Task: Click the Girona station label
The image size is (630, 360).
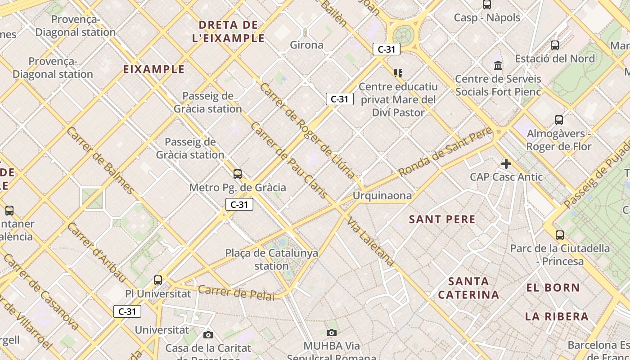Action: coord(306,45)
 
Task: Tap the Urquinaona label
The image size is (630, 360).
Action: coord(382,196)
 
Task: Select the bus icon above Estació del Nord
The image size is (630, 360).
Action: coord(555,45)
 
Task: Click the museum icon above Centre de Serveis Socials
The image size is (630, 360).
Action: coord(498,66)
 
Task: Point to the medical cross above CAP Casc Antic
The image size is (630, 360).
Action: coord(506,164)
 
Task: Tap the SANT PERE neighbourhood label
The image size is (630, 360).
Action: coord(442,220)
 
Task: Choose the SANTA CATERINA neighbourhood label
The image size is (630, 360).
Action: coord(468,288)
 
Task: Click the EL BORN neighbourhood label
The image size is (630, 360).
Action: coord(553,288)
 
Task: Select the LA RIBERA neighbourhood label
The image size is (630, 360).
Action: coord(557,316)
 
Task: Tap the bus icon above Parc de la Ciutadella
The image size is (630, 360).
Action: coord(560,235)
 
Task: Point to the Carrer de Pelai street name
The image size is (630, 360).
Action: coord(236,292)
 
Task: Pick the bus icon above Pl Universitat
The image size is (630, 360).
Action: coord(158,280)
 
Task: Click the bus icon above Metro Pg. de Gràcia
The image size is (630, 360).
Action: coord(238,174)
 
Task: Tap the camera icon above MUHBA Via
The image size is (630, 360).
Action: coord(332,333)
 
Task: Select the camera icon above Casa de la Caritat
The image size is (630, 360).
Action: coord(208,335)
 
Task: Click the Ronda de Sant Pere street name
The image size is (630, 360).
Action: coord(445,152)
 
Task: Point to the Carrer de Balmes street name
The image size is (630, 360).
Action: coord(100,160)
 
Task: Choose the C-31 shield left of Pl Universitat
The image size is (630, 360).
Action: coord(127,311)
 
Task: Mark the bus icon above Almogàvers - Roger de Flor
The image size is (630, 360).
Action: coord(559,120)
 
